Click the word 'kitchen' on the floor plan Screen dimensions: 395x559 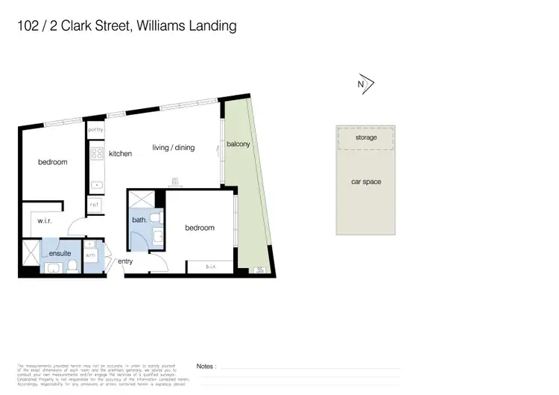[120, 154]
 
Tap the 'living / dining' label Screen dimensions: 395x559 [174, 148]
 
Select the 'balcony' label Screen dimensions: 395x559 [238, 144]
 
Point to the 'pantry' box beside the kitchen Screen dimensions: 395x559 [95, 130]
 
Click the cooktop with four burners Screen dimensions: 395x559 [96, 154]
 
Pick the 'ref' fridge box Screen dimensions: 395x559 [95, 203]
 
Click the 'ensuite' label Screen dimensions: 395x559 [60, 254]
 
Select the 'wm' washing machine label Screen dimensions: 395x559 [90, 255]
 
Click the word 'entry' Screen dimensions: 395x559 [124, 261]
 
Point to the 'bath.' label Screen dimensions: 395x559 [139, 220]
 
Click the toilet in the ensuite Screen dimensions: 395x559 [54, 267]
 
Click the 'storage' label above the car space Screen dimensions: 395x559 [366, 138]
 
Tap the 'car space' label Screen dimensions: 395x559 [366, 181]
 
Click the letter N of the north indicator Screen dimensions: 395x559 [361, 85]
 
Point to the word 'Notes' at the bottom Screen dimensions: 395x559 [206, 367]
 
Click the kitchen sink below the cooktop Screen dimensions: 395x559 [96, 184]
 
